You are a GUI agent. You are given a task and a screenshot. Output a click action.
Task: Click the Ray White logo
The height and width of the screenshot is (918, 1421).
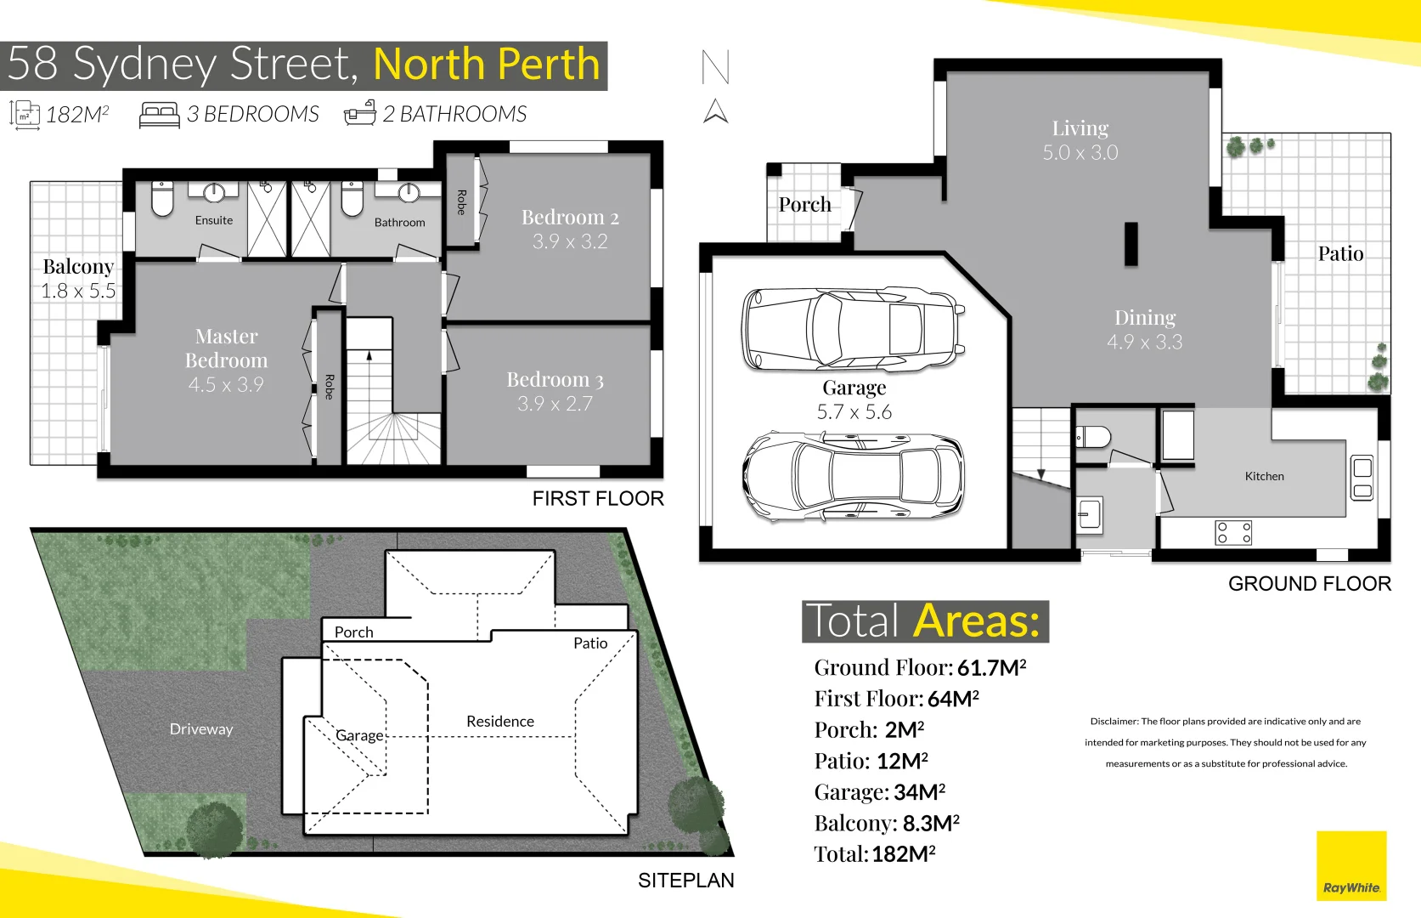tap(1351, 865)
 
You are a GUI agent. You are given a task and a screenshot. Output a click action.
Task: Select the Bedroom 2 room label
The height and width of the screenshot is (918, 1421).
tap(570, 218)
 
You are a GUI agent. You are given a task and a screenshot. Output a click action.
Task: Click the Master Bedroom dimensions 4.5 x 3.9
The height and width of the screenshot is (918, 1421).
tap(226, 385)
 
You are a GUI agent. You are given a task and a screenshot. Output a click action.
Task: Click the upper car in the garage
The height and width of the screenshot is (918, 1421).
tap(853, 329)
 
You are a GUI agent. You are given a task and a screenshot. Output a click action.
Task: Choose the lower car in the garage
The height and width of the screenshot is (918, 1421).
tap(853, 476)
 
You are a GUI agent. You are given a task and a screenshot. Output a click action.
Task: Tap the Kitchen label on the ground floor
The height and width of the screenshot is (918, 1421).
tap(1264, 477)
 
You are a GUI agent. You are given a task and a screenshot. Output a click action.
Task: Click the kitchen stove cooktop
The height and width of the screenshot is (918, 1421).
tap(1233, 533)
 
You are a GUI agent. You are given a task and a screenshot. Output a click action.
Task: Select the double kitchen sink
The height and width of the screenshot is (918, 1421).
tap(1362, 479)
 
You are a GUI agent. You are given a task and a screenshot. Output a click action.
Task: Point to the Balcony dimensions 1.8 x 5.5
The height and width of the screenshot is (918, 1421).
tap(78, 291)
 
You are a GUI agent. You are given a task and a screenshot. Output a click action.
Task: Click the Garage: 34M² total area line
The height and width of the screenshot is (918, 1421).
tap(879, 792)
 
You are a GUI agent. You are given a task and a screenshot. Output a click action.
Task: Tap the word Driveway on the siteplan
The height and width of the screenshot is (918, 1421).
tap(201, 729)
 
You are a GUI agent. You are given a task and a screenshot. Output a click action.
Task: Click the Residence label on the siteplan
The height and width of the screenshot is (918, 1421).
tap(500, 722)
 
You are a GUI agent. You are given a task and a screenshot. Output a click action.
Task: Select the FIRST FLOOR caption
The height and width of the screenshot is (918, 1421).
tap(598, 499)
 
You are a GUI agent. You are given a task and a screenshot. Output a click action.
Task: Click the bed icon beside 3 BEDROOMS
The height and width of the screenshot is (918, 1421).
tap(159, 115)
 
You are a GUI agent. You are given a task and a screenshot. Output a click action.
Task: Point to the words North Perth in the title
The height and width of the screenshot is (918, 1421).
tap(487, 65)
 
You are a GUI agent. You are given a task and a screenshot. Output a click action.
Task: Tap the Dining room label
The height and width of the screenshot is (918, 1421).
tap(1145, 318)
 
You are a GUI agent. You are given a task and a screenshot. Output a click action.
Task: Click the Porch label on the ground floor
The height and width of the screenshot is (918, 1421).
tap(804, 205)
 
